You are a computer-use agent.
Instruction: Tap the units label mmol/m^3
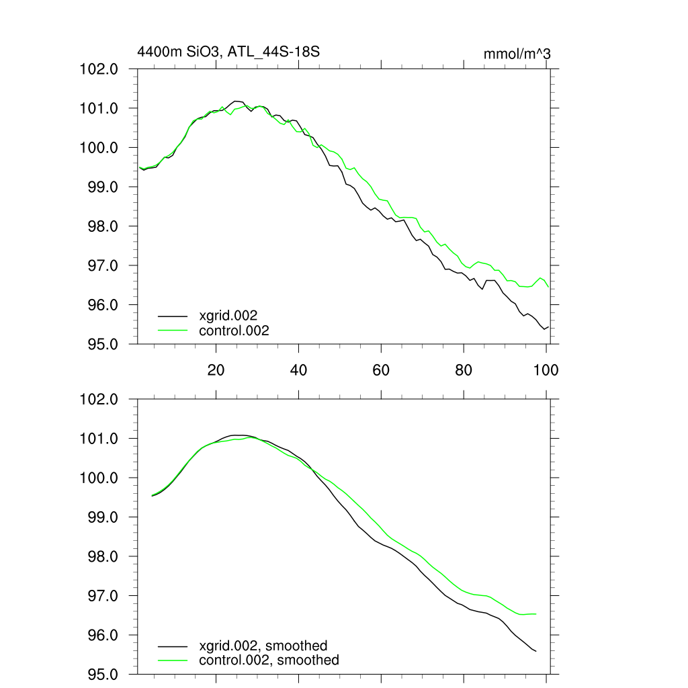pyautogui.click(x=517, y=54)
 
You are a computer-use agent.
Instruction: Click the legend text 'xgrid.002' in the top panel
pyautogui.click(x=228, y=314)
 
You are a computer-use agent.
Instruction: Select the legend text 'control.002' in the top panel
pyautogui.click(x=234, y=331)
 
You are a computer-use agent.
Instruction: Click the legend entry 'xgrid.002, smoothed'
pyautogui.click(x=263, y=646)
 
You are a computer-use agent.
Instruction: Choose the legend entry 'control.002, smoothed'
pyautogui.click(x=269, y=660)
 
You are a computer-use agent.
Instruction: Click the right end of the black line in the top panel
pyautogui.click(x=549, y=327)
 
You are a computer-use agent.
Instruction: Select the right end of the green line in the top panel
pyautogui.click(x=549, y=288)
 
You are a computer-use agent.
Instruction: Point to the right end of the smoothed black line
pyautogui.click(x=535, y=651)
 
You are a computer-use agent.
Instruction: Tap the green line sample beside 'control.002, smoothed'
pyautogui.click(x=173, y=660)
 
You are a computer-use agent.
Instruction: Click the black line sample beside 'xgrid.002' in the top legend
pyautogui.click(x=173, y=314)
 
